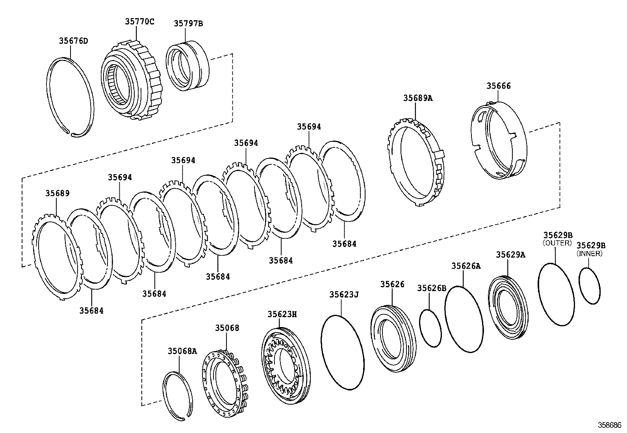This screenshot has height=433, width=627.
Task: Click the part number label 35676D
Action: [x=73, y=41]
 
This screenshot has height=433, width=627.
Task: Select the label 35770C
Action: [x=139, y=22]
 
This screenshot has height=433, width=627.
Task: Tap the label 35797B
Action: [x=188, y=23]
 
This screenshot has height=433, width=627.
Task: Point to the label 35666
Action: [x=499, y=86]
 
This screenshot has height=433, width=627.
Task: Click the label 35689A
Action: [x=418, y=98]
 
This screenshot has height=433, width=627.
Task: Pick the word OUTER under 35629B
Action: [x=557, y=243]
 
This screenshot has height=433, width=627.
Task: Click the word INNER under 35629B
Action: [x=590, y=254]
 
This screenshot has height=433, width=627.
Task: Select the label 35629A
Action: [x=510, y=255]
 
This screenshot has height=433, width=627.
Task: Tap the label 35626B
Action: [x=432, y=288]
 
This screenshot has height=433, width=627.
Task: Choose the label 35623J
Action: [x=344, y=294]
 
